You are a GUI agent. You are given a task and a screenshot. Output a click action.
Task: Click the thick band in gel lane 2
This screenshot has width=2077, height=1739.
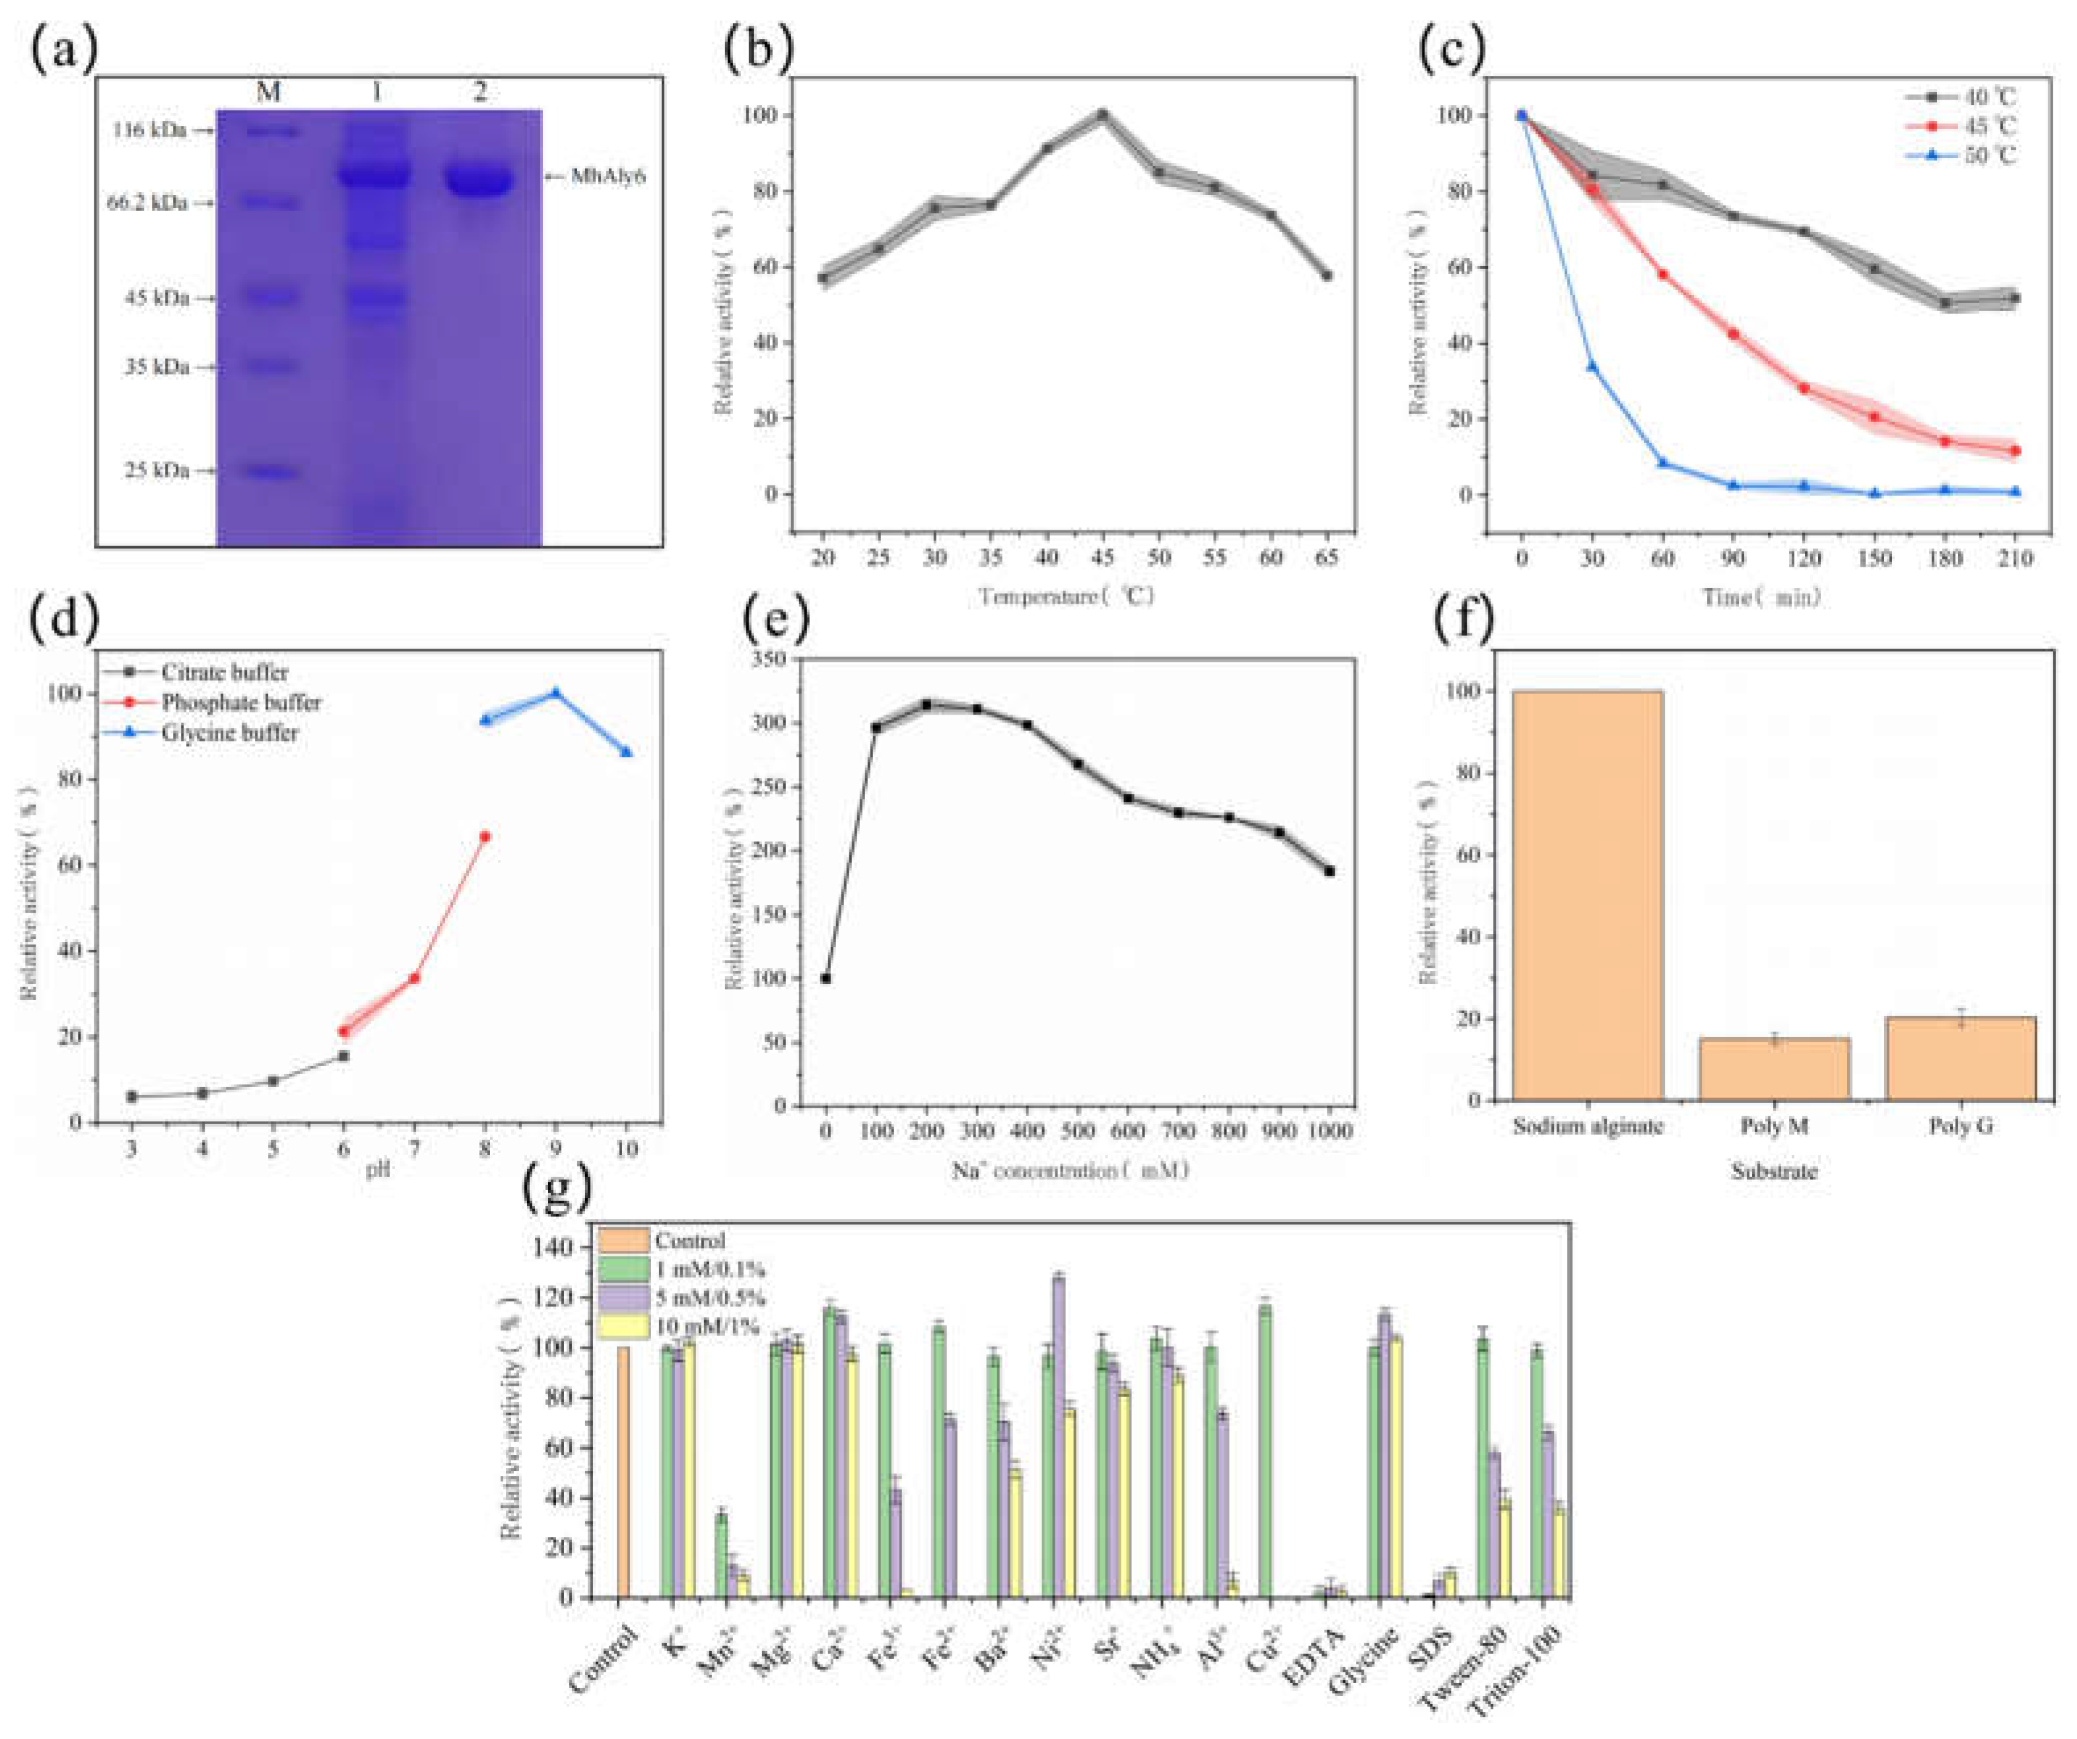click(479, 181)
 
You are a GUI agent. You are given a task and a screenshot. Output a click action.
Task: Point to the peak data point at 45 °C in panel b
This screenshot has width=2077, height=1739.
click(1102, 115)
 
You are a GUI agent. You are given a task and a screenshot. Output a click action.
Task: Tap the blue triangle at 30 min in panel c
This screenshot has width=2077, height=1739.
click(1592, 366)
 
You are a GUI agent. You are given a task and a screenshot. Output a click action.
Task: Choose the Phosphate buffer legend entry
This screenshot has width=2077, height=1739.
click(240, 702)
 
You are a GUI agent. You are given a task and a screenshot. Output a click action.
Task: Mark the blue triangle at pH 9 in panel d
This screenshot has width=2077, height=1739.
click(556, 692)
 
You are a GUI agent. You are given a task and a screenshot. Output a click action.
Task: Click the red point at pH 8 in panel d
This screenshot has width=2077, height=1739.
click(485, 837)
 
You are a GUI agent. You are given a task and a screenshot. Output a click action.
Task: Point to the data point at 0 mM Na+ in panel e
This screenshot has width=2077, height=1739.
click(826, 978)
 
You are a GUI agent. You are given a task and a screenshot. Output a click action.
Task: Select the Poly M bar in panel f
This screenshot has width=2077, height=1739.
click(1775, 1069)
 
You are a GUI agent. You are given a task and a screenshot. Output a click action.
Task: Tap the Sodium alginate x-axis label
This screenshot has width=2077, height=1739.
click(1588, 1125)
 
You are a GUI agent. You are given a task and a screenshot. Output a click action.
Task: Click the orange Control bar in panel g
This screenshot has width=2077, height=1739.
click(623, 1471)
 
